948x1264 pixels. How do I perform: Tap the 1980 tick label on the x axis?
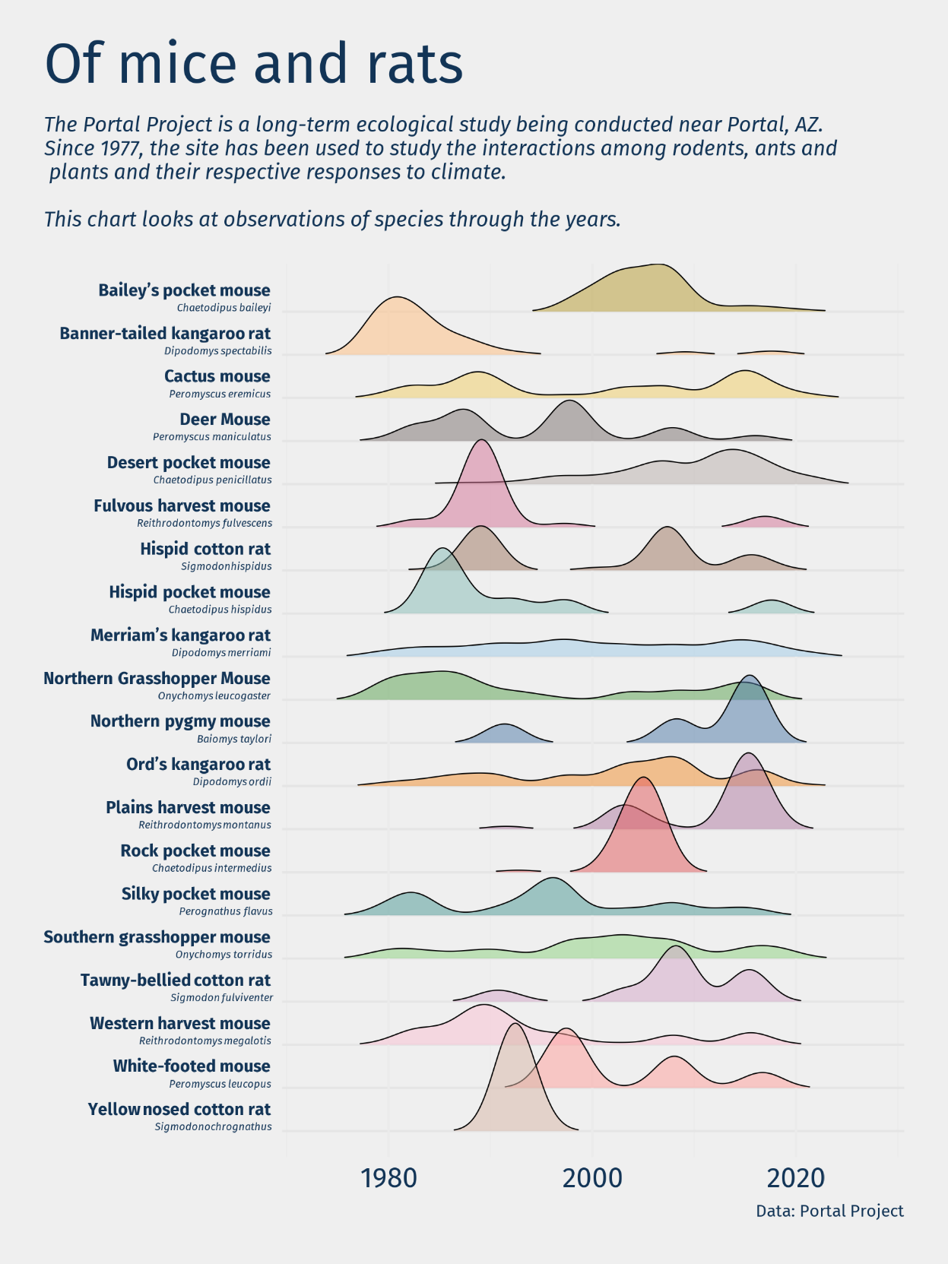[388, 1178]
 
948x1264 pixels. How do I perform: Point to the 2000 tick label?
[592, 1178]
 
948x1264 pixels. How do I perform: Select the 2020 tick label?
[796, 1178]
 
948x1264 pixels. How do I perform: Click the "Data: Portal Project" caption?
[829, 1211]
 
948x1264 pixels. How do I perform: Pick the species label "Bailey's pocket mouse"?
[184, 290]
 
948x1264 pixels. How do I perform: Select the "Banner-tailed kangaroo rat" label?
[165, 334]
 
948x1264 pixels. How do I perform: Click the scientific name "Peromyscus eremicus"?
[220, 394]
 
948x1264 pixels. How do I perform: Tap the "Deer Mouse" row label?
[225, 420]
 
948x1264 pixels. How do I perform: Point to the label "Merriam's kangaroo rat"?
[180, 635]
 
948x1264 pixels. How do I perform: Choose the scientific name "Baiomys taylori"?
[233, 739]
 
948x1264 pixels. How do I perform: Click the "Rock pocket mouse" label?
[195, 851]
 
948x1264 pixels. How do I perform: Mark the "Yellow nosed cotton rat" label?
[179, 1110]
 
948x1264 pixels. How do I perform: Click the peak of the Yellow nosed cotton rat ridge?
[516, 1025]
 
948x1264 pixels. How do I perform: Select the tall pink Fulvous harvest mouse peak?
[480, 442]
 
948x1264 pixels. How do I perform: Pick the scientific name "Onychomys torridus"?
[224, 955]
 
